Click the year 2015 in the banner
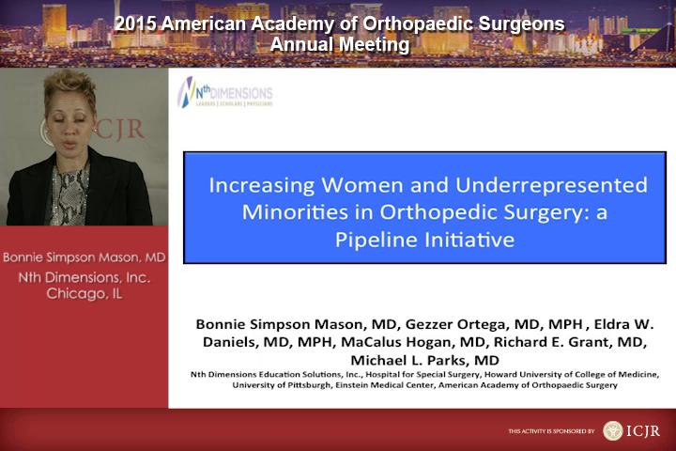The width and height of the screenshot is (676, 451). tap(134, 23)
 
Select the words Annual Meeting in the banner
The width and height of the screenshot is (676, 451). tap(340, 44)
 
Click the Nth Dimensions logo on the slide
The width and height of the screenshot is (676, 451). tap(225, 92)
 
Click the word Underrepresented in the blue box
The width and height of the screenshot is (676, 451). tap(551, 185)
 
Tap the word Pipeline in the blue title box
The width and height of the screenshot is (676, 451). tap(376, 241)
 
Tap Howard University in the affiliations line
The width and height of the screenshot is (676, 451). tap(517, 375)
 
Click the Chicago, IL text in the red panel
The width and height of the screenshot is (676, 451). tap(84, 294)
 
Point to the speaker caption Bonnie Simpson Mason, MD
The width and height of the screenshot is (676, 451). tap(84, 257)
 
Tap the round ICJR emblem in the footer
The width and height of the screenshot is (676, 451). tap(612, 430)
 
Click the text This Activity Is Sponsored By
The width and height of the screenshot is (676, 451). tap(551, 431)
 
